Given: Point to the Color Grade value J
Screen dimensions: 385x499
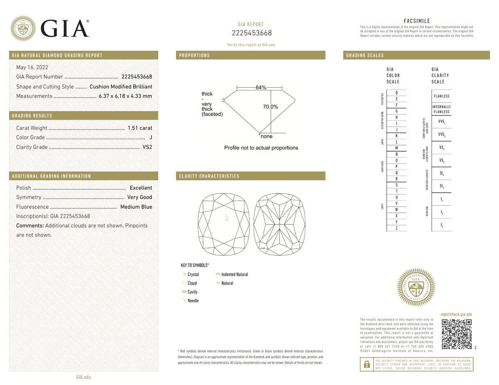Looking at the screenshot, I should (x=151, y=137).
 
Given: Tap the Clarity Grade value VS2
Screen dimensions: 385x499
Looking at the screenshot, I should (x=148, y=147).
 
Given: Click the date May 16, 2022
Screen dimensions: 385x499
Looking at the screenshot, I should (x=32, y=67).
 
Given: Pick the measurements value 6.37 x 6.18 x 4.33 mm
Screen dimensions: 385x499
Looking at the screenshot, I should (x=125, y=96).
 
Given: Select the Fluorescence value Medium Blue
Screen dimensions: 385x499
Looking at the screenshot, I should (x=136, y=207).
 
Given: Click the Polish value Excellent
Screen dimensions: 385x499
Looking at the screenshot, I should (x=141, y=188).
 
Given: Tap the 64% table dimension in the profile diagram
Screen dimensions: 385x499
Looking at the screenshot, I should (x=261, y=87).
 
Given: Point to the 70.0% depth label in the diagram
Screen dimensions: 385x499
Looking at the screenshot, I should (x=270, y=107).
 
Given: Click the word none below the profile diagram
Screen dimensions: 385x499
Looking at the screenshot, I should (x=267, y=136).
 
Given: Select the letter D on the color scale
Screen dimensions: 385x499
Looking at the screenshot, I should (x=397, y=93).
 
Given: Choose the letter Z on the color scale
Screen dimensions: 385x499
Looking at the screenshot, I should (x=397, y=228).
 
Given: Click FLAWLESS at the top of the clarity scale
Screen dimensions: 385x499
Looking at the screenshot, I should (x=441, y=96).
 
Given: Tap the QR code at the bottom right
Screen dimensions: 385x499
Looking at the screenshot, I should (x=456, y=334).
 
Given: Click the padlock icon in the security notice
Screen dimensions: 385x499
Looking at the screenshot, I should (x=366, y=364).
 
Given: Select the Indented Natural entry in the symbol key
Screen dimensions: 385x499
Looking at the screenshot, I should (x=235, y=275).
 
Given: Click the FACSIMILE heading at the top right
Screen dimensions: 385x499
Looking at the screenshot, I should (x=417, y=21).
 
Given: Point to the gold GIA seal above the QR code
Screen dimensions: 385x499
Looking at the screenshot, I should (x=416, y=287).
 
